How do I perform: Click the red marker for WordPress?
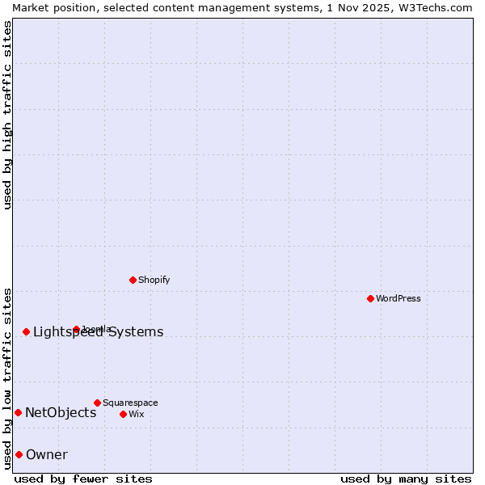370,298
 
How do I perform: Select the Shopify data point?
133,280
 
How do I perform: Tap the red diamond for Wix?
123,414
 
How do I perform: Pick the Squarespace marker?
97,403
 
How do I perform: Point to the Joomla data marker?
76,329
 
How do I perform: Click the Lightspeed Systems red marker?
26,331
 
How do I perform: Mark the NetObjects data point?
18,412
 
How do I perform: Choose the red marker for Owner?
19,454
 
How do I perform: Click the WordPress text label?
399,298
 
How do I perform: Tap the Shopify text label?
154,280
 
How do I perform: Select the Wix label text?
136,414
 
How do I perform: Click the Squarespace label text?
130,403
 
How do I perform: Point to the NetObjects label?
61,412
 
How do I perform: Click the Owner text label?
47,454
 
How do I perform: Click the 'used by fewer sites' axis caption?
83,479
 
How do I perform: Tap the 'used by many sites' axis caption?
406,479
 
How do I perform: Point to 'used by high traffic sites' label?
7,115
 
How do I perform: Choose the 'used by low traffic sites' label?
7,378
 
